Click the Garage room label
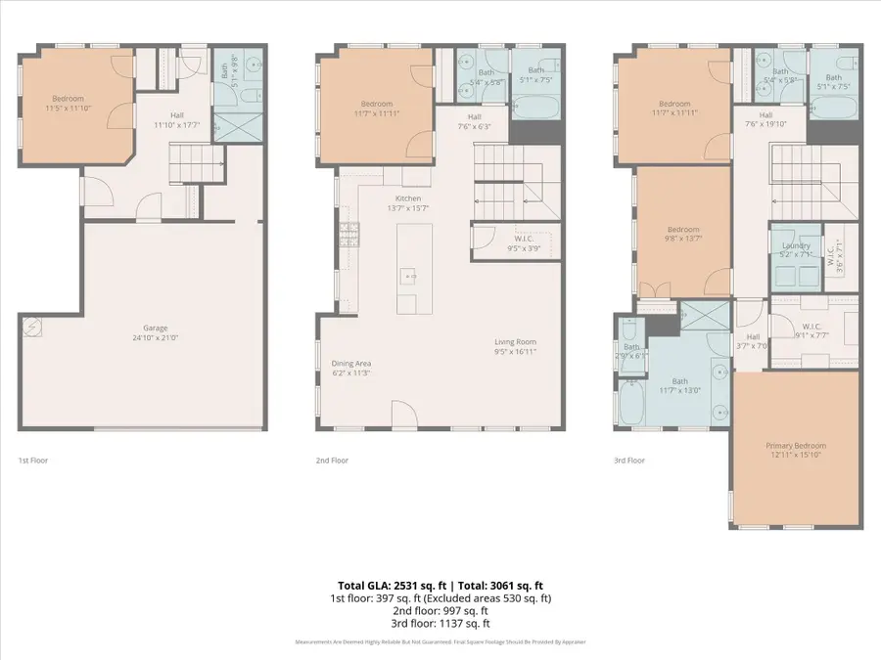(143, 332)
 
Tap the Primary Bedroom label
(795, 451)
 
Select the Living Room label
(514, 346)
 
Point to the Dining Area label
(349, 368)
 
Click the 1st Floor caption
(32, 460)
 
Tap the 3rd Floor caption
(629, 460)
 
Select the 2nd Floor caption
(331, 460)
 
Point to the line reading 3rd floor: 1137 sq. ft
(440, 623)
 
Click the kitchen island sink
(411, 277)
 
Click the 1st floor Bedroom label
(69, 103)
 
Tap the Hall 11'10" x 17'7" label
(177, 119)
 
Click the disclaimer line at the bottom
(440, 641)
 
